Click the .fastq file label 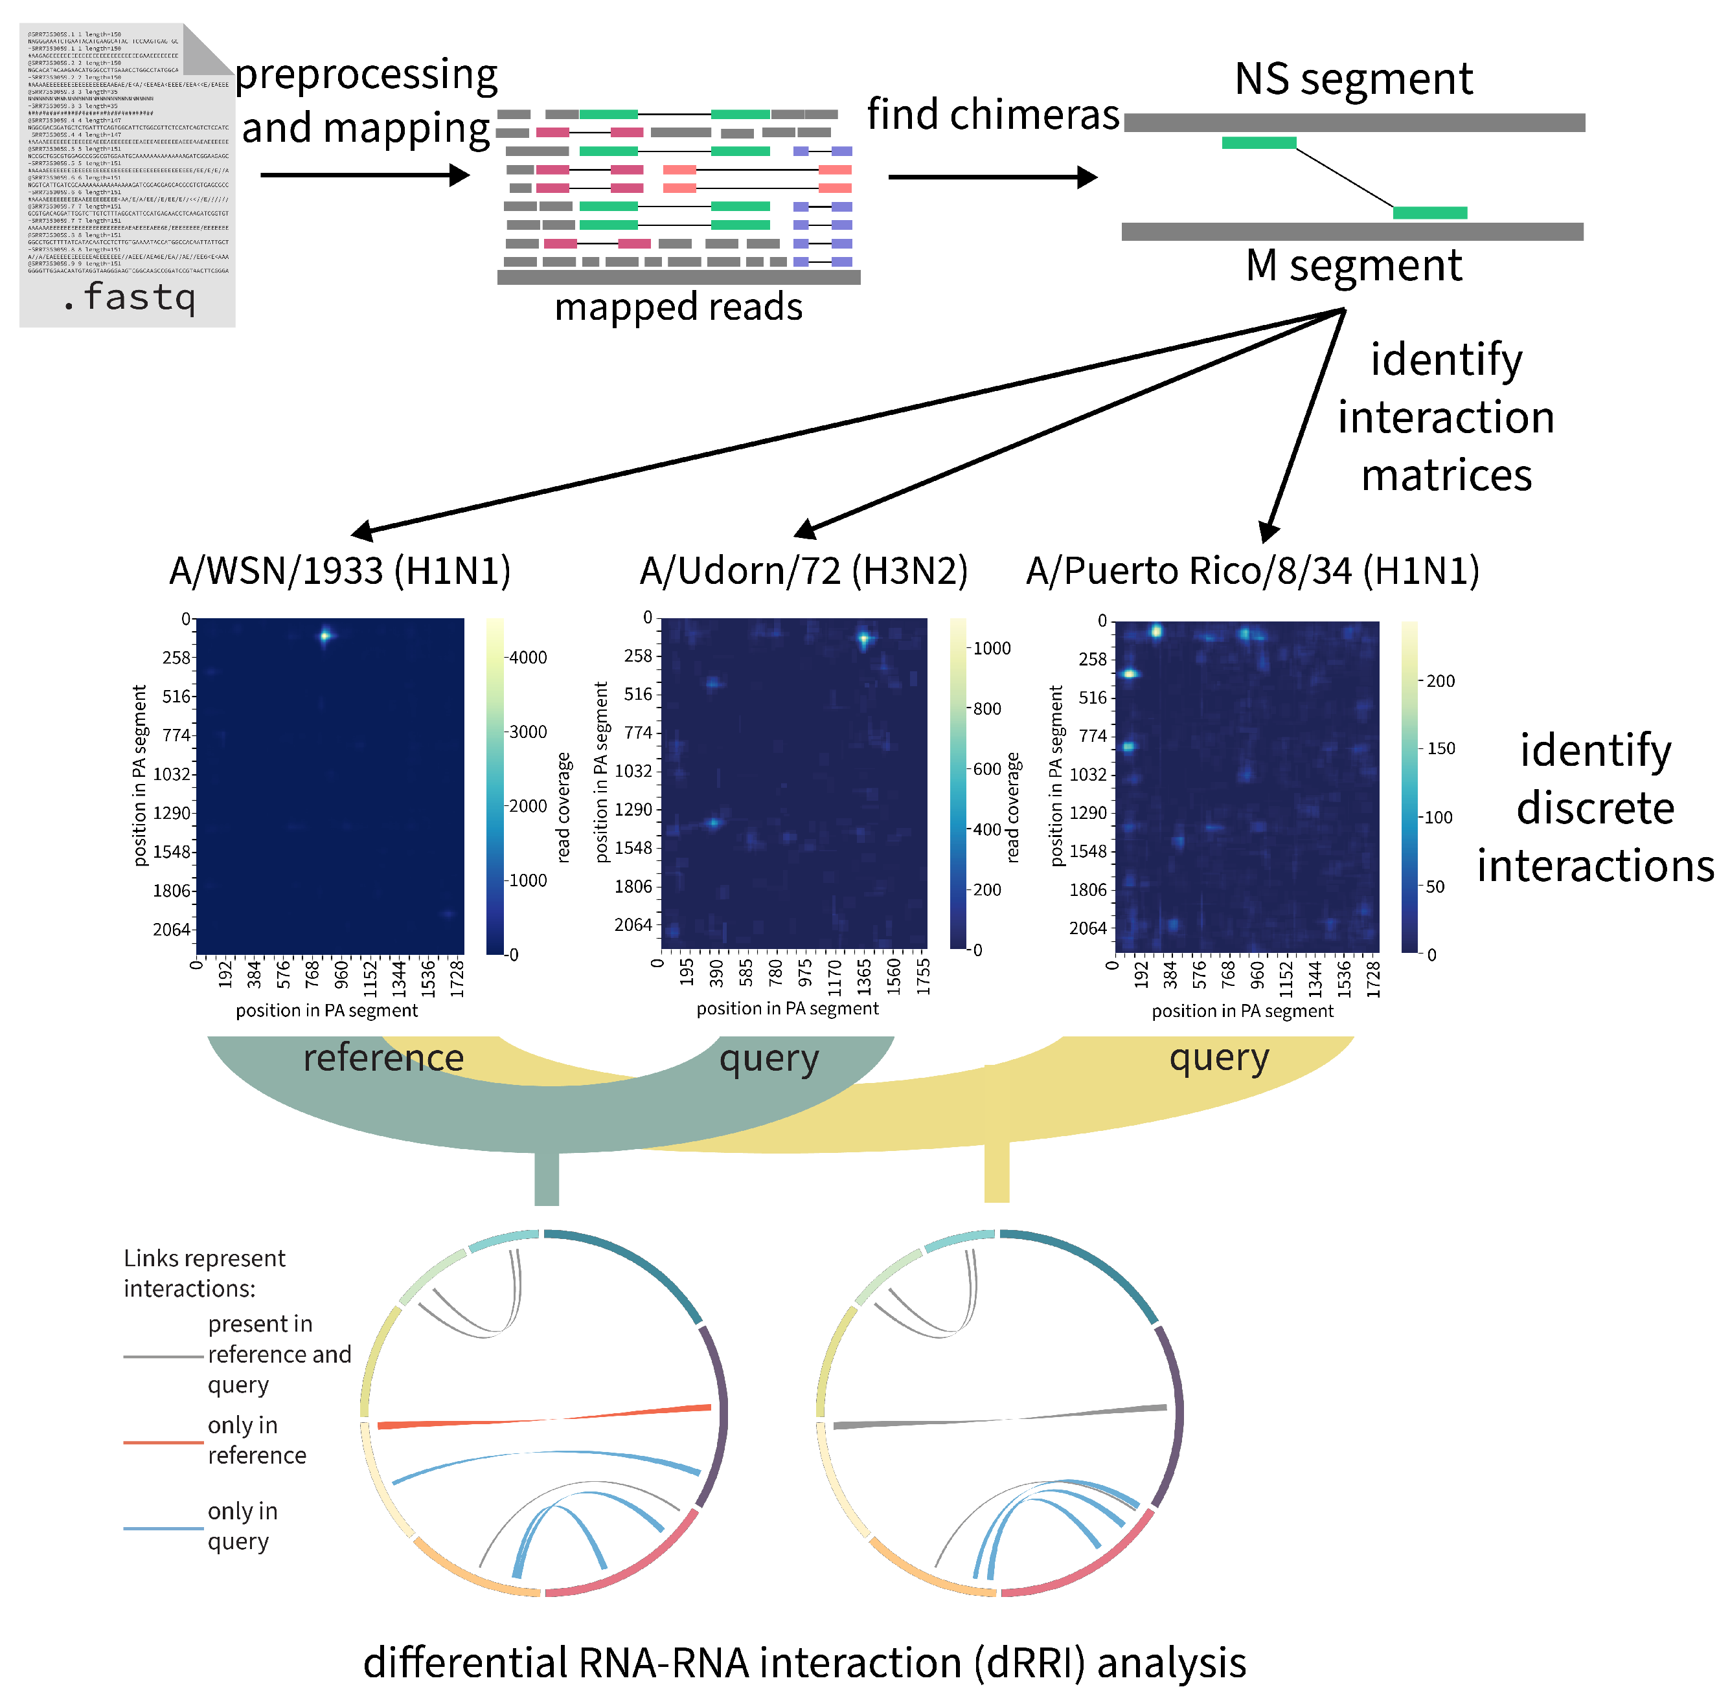coord(130,297)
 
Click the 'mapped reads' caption coord(678,307)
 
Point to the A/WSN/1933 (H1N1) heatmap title coord(340,571)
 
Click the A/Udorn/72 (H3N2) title coord(803,571)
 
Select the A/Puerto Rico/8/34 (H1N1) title coord(1252,571)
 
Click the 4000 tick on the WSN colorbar coord(527,657)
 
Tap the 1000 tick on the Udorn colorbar coord(991,649)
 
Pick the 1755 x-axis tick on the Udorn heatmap coord(924,976)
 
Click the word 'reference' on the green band coord(383,1058)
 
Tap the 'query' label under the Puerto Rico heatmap coord(1219,1058)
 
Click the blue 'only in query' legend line coord(163,1528)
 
